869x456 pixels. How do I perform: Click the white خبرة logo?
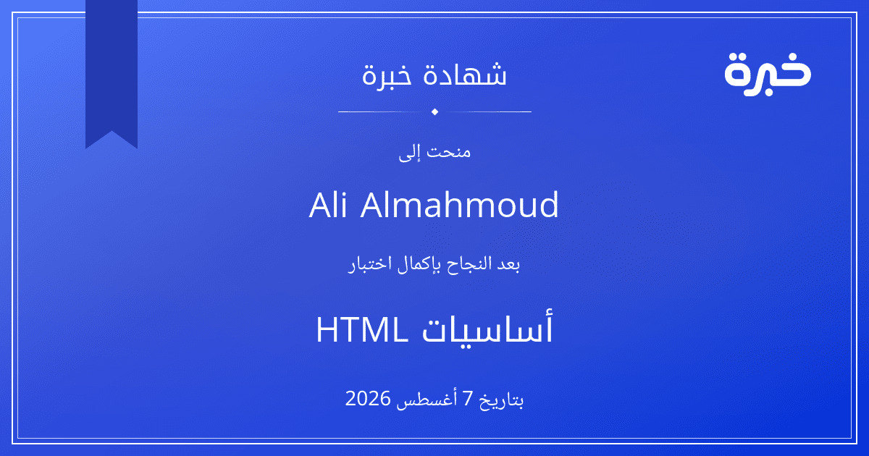click(768, 74)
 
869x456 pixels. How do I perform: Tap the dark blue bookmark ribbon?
click(112, 69)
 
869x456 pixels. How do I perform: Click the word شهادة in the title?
click(464, 74)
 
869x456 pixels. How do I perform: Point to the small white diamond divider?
click(435, 111)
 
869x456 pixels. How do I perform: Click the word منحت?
click(449, 151)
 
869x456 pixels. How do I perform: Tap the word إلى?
click(409, 153)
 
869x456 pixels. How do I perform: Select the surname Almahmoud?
click(460, 205)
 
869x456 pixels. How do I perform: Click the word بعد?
click(508, 264)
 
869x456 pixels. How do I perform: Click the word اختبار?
click(371, 265)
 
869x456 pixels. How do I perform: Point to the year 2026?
click(368, 398)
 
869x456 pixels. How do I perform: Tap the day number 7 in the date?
click(469, 399)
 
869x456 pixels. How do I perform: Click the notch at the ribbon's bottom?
click(112, 132)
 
